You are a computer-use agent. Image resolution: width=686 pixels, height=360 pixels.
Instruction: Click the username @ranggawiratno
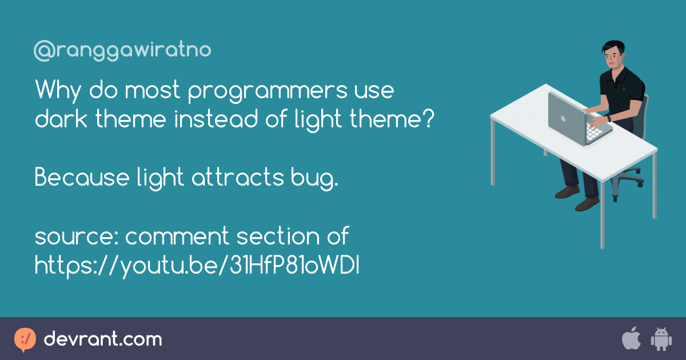(122, 50)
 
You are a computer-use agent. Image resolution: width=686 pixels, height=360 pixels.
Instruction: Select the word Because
(82, 177)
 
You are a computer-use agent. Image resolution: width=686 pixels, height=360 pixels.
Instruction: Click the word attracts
(238, 177)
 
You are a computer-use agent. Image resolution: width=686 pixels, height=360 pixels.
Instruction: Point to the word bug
(314, 179)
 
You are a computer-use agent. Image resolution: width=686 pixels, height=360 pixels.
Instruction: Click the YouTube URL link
(197, 265)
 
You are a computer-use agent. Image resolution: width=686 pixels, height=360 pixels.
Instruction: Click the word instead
(216, 118)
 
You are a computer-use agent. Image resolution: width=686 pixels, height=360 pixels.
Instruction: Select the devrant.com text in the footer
(103, 339)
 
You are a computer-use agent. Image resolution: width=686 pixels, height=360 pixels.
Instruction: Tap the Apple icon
(631, 338)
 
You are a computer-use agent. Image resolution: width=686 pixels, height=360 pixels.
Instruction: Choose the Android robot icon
(661, 339)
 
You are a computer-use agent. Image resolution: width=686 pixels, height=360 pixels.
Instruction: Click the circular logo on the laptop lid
(563, 119)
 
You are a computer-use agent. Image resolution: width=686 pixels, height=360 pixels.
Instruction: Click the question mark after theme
(429, 118)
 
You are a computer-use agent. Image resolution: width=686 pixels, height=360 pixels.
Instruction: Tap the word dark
(61, 118)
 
